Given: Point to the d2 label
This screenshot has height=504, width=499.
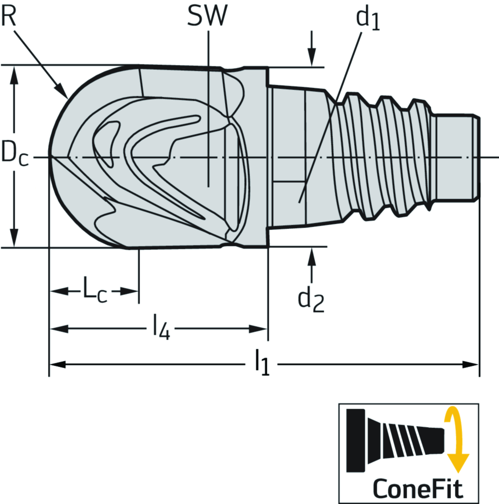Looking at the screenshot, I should (311, 299).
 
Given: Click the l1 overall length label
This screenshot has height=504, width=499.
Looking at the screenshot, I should (262, 365).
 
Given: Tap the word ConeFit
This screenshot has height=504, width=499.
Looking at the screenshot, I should (418, 487).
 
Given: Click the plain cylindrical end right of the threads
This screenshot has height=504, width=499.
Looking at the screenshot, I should (455, 156).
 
